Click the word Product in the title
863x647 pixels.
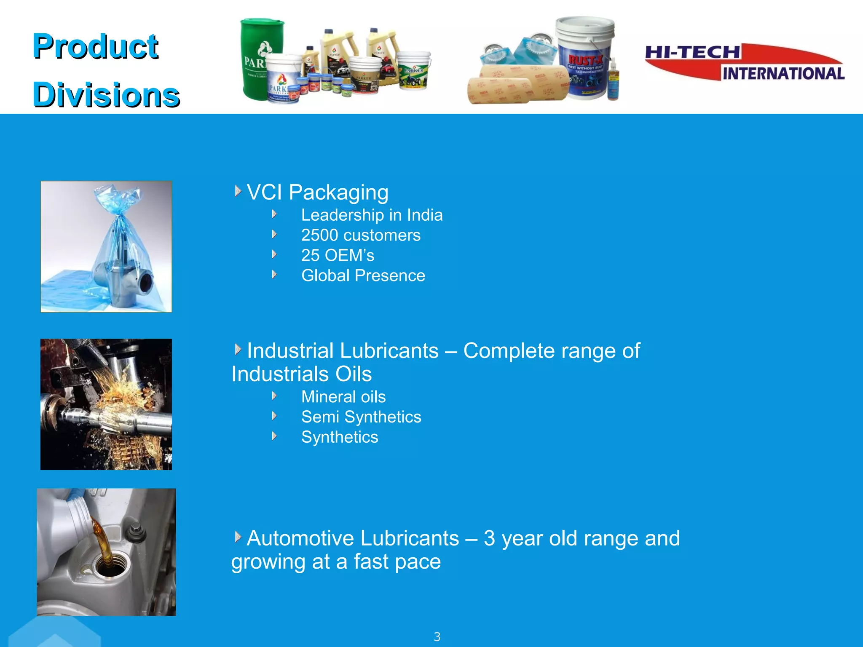point(95,46)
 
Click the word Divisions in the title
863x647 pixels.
point(106,95)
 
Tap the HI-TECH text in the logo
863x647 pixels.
point(692,53)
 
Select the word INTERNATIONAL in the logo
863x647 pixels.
point(783,74)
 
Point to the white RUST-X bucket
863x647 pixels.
point(585,57)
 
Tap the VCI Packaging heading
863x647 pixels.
point(317,192)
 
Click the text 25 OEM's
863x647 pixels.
point(338,255)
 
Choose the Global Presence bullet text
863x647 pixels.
point(363,275)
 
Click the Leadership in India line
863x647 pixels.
point(372,215)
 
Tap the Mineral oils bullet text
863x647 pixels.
point(343,397)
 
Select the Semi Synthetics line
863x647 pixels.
point(361,417)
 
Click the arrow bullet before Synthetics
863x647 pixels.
point(274,436)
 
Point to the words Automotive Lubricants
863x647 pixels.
point(353,538)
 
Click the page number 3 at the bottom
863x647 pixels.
point(437,636)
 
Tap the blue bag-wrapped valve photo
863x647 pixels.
point(106,246)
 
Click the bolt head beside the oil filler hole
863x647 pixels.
point(136,530)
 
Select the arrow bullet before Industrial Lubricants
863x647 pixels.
point(238,349)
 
